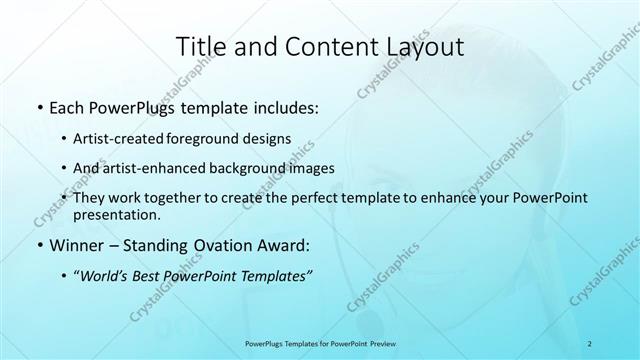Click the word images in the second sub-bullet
[x=310, y=168]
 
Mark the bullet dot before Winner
[x=39, y=244]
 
